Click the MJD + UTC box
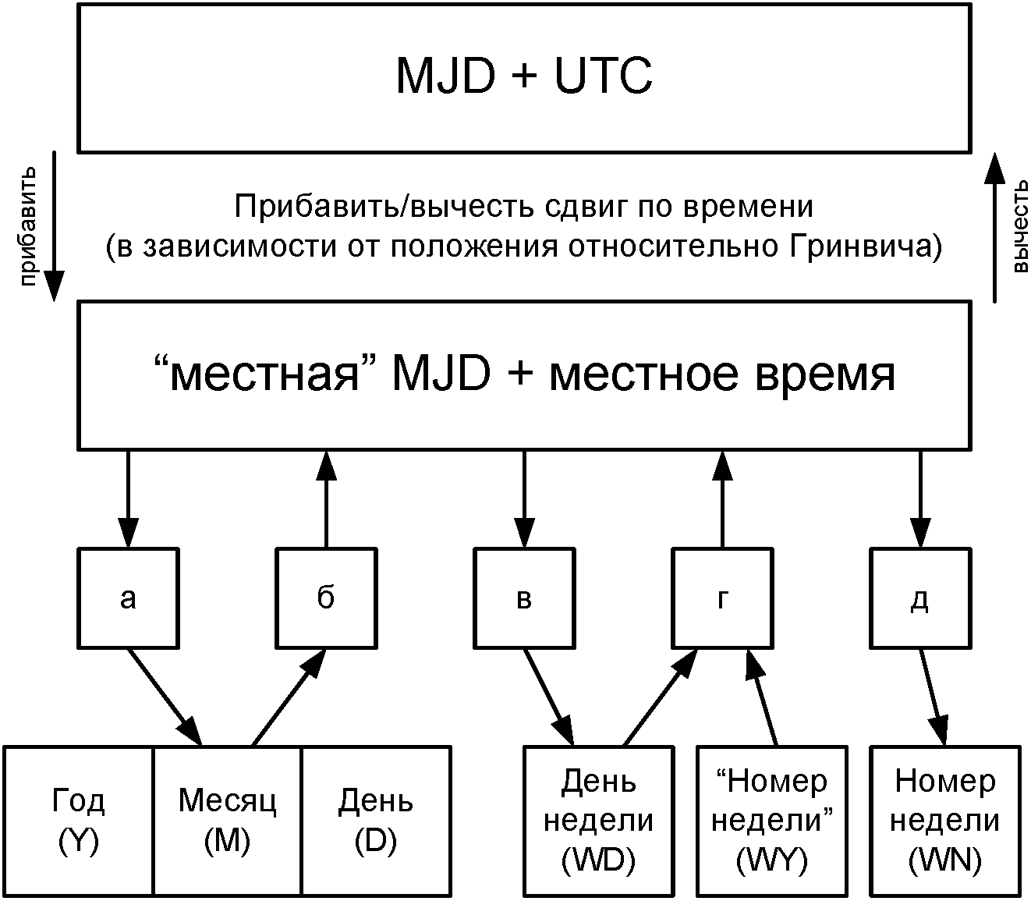[x=524, y=78]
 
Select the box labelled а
[x=129, y=598]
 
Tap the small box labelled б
[x=326, y=598]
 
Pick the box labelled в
[x=524, y=598]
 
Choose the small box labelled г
[x=722, y=598]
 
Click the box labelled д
[x=920, y=598]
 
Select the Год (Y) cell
[x=79, y=821]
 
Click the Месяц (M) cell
[x=227, y=821]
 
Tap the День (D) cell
[x=376, y=821]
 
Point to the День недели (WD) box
[x=598, y=821]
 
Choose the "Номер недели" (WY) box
[x=772, y=821]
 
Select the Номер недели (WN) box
[x=945, y=821]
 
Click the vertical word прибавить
[x=28, y=226]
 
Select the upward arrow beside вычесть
[x=995, y=226]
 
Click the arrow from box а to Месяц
[x=165, y=696]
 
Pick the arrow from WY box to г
[x=762, y=697]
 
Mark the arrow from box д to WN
[x=934, y=697]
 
